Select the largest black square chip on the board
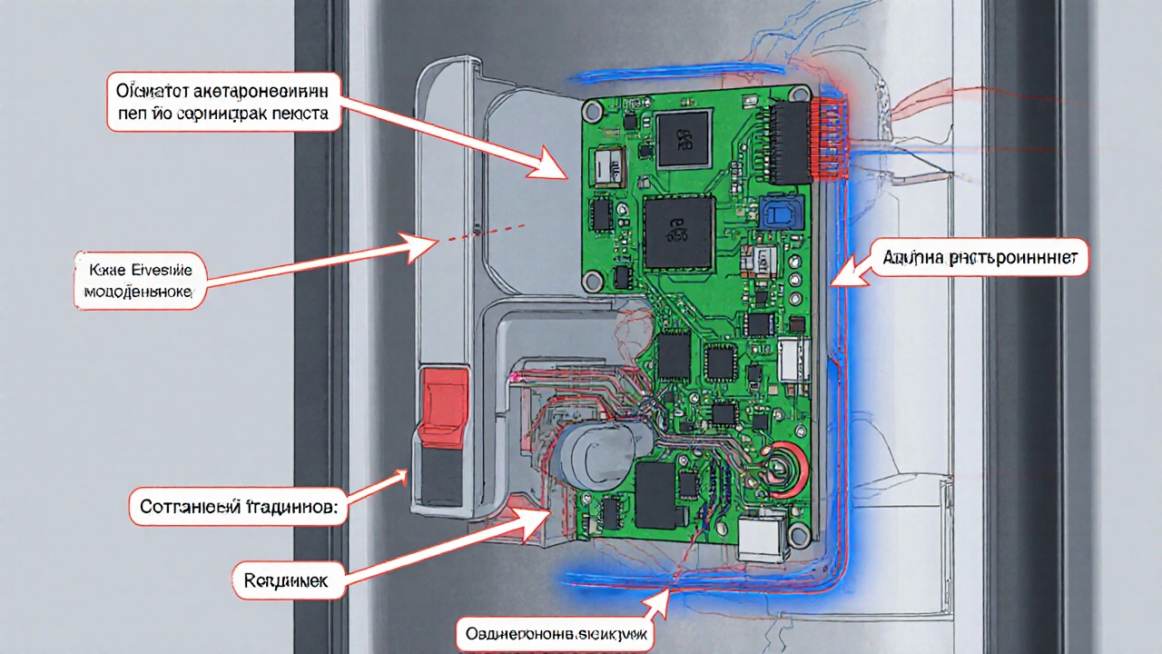(x=678, y=233)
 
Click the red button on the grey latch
(x=443, y=396)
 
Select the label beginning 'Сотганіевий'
(x=238, y=507)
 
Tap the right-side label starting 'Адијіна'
(x=984, y=259)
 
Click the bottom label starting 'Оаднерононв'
(x=555, y=634)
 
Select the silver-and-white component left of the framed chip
(x=608, y=165)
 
